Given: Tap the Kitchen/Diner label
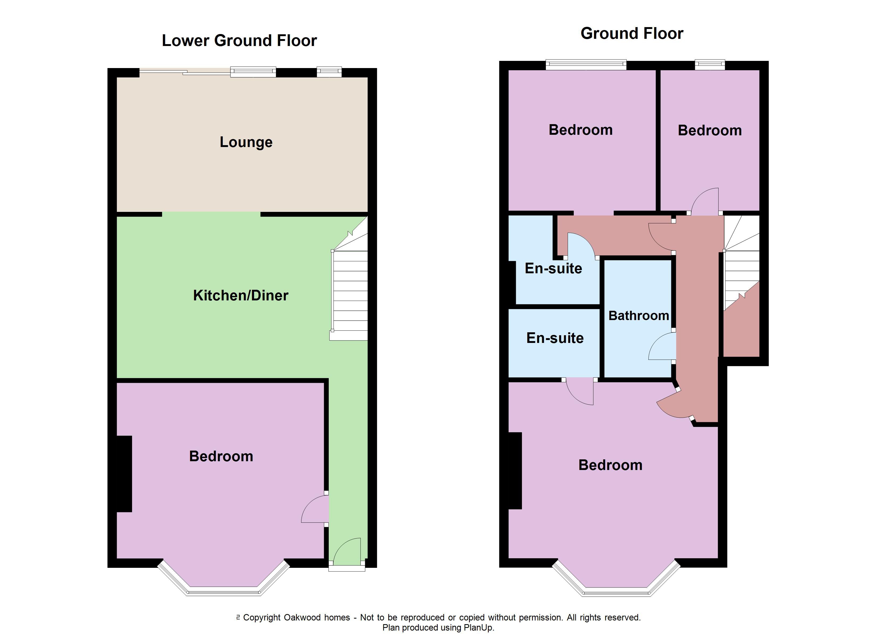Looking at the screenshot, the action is click(x=241, y=296).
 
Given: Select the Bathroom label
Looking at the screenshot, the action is click(x=639, y=316).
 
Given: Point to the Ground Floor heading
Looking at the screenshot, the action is click(x=632, y=34).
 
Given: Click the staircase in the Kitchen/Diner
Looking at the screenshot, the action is click(x=349, y=279).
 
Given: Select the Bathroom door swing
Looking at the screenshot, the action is click(x=662, y=346).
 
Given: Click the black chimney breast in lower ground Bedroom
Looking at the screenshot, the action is click(x=124, y=474).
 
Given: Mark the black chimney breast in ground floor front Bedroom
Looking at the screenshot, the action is click(x=515, y=471).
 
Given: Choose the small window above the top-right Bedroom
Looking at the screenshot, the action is click(x=710, y=65).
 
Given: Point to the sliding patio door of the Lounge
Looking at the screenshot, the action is click(x=185, y=72).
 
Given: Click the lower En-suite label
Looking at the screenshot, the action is click(x=555, y=338).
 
